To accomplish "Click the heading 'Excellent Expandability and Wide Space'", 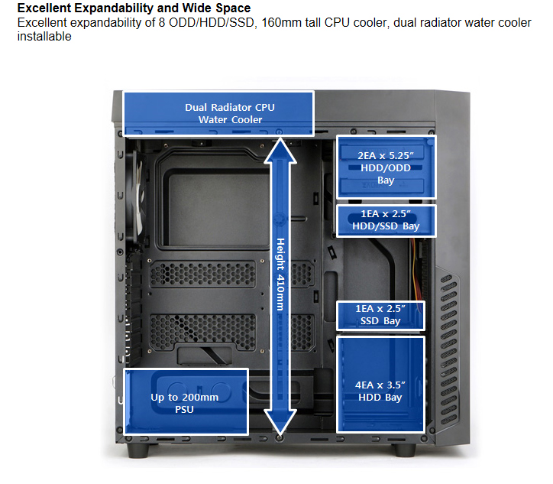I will [134, 8].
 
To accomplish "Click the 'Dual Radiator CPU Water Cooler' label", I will [218, 113].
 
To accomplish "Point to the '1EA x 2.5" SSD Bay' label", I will [380, 315].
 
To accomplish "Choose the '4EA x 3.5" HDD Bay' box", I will [380, 386].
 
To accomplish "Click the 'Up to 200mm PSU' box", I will [185, 403].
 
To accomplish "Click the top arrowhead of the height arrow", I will [280, 152].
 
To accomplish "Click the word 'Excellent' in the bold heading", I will [44, 8].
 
